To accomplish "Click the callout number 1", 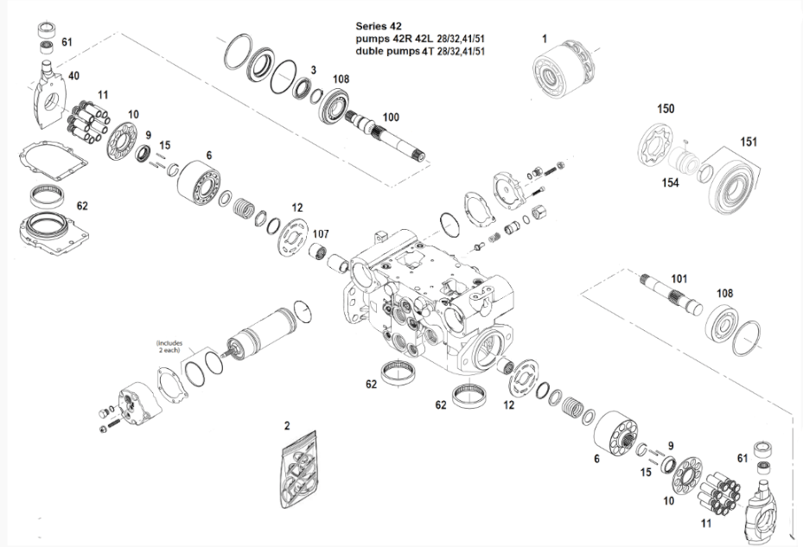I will (545, 38).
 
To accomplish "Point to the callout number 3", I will (313, 70).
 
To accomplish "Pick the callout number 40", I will (73, 76).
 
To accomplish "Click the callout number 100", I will (391, 116).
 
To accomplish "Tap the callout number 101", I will (679, 278).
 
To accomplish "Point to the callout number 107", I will (321, 233).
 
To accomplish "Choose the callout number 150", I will (666, 109).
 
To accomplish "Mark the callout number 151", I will (748, 141).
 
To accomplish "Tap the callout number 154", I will (670, 182).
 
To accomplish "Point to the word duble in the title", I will (371, 51).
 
